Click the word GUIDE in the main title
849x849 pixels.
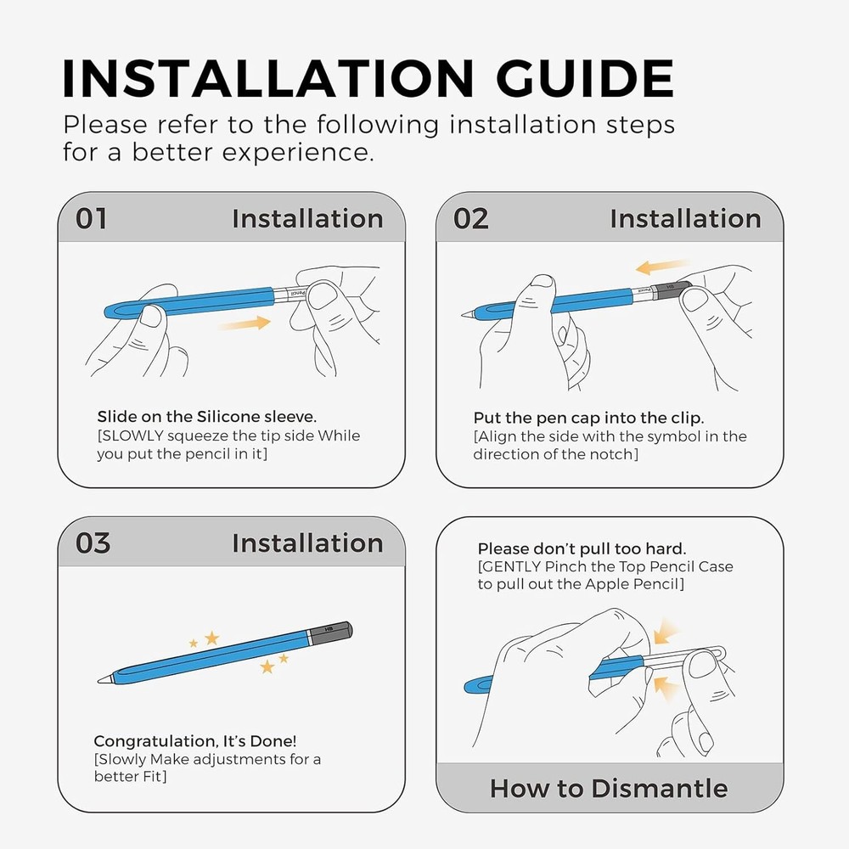(585, 78)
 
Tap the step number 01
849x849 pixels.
(91, 219)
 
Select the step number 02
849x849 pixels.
(470, 219)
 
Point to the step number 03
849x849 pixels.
(93, 543)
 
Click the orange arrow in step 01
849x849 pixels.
(245, 323)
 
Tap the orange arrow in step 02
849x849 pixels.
(662, 266)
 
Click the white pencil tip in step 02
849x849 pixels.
(468, 313)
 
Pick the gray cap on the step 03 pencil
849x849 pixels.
(331, 633)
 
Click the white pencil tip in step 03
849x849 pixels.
(104, 678)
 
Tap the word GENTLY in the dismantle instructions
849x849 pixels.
(512, 567)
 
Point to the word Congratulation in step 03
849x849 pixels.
(156, 741)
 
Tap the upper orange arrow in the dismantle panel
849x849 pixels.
(666, 632)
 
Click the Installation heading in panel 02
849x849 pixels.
(685, 219)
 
